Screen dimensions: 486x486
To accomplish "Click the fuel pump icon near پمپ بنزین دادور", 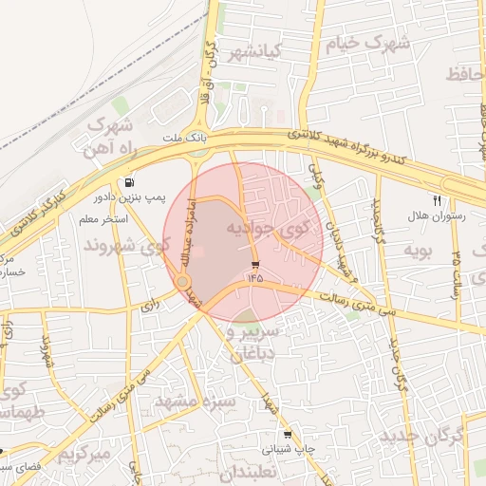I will [x=128, y=182].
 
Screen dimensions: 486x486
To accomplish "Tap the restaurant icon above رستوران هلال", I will [x=438, y=200].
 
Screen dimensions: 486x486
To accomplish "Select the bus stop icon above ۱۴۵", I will [x=254, y=264].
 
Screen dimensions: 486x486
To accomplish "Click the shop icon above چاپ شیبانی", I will [x=288, y=435].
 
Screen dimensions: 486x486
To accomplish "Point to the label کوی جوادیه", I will [x=268, y=229].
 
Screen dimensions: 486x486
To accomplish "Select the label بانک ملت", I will [x=184, y=139].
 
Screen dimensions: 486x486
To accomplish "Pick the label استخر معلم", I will [x=104, y=219].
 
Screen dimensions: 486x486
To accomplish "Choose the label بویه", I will [x=419, y=251].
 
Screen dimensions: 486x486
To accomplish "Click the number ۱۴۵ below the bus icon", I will [x=254, y=278].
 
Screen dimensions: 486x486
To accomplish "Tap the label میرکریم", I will [x=84, y=454].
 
